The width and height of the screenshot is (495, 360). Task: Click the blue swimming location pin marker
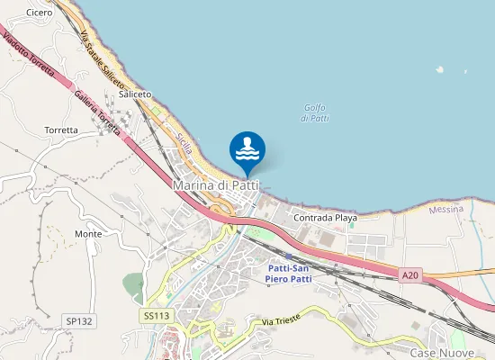(247, 150)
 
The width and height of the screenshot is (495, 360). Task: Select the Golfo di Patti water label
(315, 112)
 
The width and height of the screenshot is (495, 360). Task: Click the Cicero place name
(40, 13)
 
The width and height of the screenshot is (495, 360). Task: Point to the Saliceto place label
(135, 94)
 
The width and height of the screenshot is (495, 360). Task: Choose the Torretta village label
(61, 130)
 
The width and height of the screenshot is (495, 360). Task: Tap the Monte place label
(88, 234)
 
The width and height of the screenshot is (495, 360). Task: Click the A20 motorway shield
(410, 274)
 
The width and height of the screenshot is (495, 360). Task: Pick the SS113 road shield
(156, 316)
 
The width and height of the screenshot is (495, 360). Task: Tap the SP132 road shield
(79, 320)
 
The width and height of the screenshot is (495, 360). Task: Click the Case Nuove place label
(436, 353)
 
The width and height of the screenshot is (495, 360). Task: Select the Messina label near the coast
(446, 209)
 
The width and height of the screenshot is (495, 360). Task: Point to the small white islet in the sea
(439, 68)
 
